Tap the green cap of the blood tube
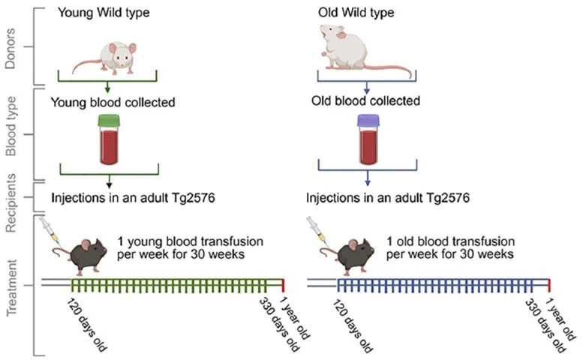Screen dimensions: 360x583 click(110, 121)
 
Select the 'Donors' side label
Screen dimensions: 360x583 click(11, 46)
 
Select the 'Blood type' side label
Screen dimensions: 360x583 click(11, 135)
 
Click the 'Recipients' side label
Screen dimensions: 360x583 click(11, 197)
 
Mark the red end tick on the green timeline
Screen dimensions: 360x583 click(283, 286)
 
